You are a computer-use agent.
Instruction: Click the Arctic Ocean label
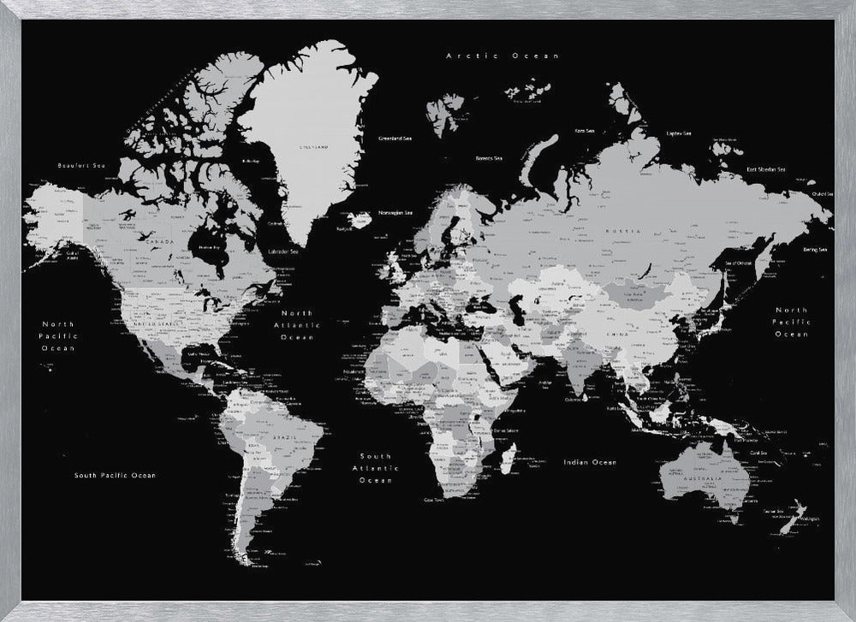click(503, 56)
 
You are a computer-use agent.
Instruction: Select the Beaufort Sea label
click(80, 164)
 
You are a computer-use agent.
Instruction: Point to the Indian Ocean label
click(590, 462)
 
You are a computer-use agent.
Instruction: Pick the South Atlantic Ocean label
click(375, 468)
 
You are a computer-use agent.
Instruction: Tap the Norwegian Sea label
click(396, 212)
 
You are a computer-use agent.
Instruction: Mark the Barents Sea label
click(489, 157)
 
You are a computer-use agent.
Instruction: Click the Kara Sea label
click(586, 131)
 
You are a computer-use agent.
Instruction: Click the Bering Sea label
click(816, 250)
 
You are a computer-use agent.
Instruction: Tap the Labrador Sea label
click(283, 252)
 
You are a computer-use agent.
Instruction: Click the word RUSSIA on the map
click(622, 232)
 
